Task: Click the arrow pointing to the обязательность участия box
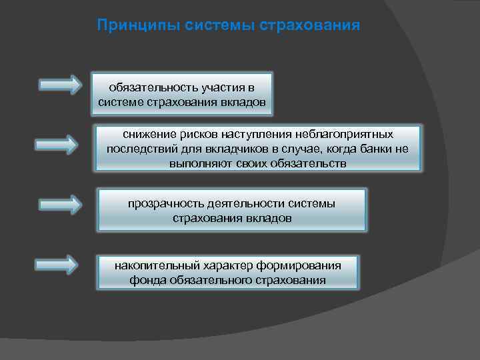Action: pos(60,85)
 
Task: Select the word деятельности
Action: pos(245,203)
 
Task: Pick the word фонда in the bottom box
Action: pos(146,280)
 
